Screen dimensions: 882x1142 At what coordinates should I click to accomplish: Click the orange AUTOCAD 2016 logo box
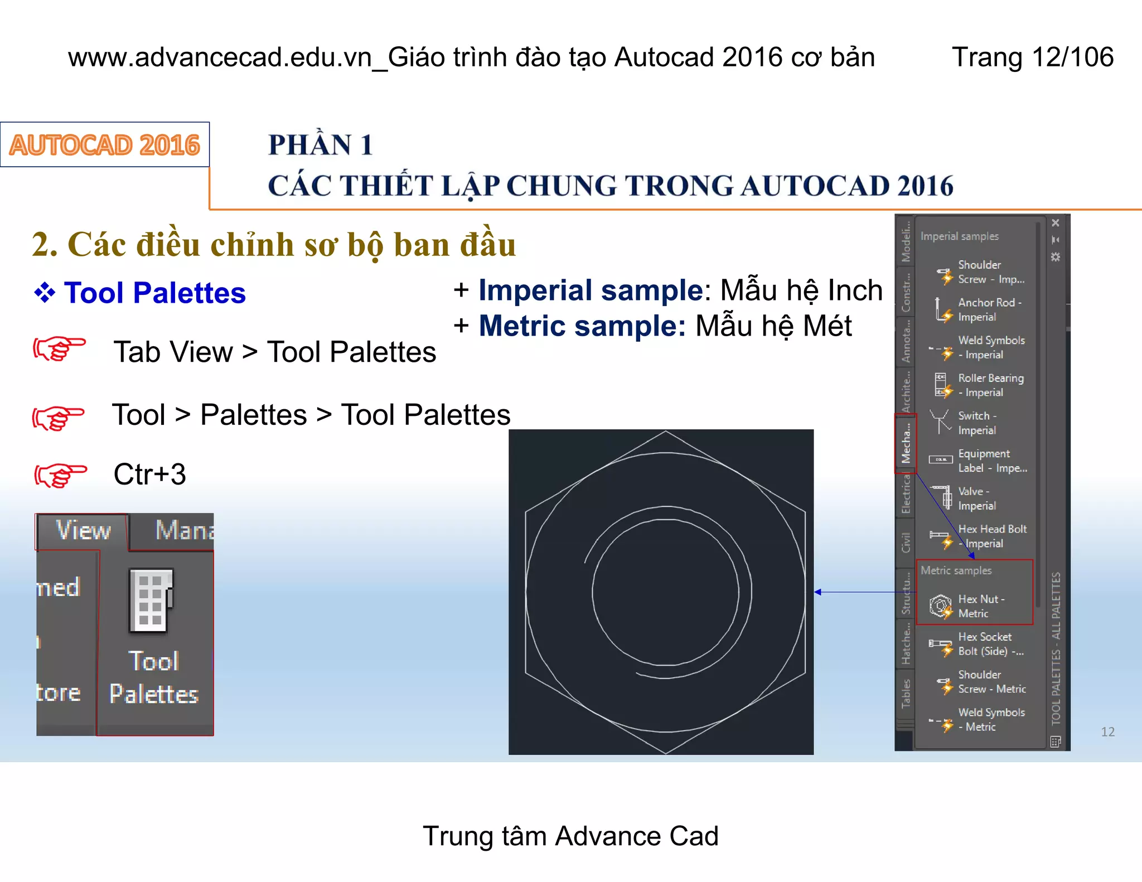coord(105,145)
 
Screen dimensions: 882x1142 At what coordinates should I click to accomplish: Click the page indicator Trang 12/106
coord(1032,57)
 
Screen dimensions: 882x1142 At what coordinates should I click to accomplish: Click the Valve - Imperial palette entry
coord(976,498)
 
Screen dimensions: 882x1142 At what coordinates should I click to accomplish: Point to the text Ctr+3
coord(149,474)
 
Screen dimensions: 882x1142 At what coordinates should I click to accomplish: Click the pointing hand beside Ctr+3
coord(60,475)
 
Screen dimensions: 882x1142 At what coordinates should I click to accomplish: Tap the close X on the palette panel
coord(1056,223)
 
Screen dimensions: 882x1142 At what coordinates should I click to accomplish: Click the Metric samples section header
coord(956,570)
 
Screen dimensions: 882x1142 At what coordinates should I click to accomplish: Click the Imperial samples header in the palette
coord(959,236)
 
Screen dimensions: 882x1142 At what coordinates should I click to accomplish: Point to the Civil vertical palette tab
coord(906,542)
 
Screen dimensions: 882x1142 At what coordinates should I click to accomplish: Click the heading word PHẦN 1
coord(320,145)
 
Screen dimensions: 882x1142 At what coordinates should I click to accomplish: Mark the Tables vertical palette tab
coord(906,693)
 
